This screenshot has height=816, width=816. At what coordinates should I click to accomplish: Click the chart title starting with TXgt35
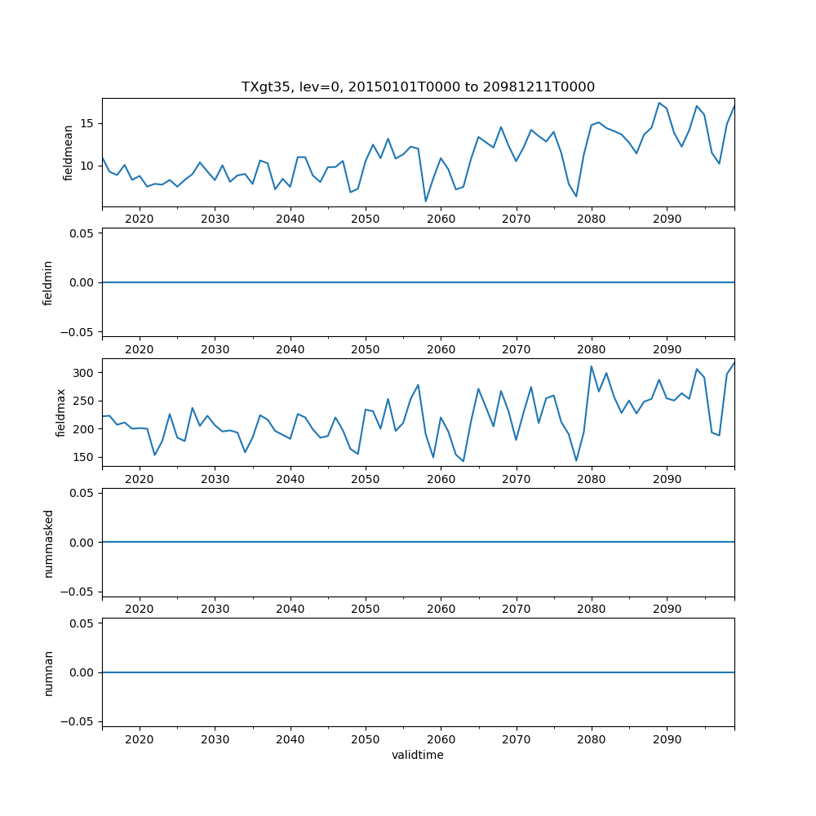coord(418,86)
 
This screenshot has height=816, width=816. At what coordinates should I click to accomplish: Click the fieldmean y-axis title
coord(69,153)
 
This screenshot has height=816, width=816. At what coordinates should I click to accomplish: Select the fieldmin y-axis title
coord(48,282)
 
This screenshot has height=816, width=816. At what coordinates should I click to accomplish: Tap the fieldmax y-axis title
coord(61,412)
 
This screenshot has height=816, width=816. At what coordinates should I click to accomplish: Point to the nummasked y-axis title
coord(48,543)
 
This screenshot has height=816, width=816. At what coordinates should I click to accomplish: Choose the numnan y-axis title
coord(48,672)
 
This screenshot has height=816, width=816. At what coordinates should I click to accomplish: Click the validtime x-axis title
coord(418,755)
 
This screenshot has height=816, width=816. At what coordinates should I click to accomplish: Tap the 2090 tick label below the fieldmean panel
coord(667,220)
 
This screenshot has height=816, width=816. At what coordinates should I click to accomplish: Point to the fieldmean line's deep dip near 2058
coord(425,201)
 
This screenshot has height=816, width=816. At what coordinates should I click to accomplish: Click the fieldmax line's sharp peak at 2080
coord(592,366)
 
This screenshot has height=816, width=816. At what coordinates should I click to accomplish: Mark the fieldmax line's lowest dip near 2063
coord(463,461)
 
